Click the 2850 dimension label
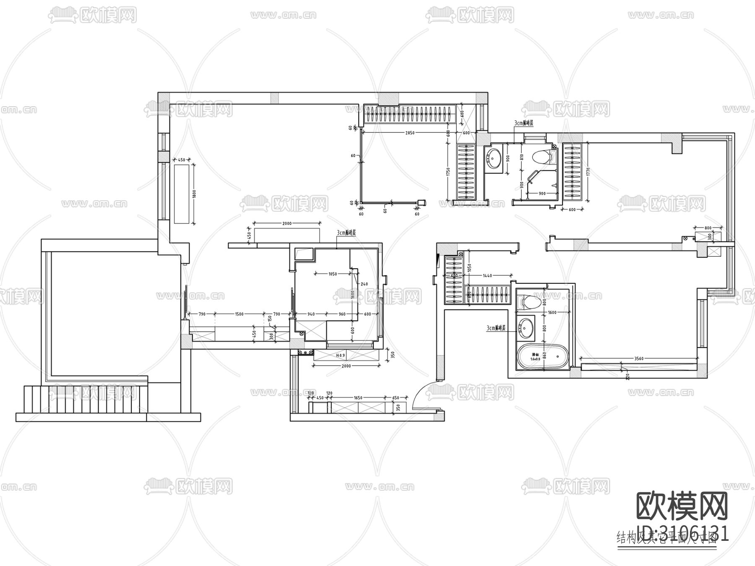tap(410, 132)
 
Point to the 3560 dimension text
tap(639, 358)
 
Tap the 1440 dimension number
tap(487, 275)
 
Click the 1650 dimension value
tap(358, 397)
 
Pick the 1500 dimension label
tap(239, 314)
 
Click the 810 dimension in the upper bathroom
tap(522, 158)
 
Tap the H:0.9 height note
tap(340, 355)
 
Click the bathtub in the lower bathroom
tap(543, 357)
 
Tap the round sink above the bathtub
tap(526, 327)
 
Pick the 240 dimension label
tap(364, 284)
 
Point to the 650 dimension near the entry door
tap(396, 397)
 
